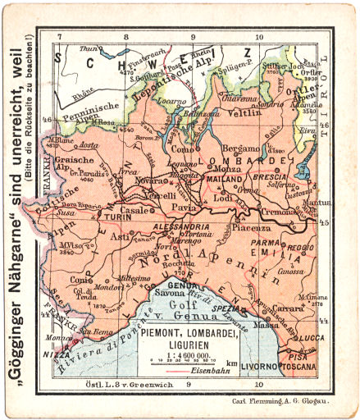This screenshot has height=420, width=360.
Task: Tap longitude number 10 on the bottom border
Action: point(259,383)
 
